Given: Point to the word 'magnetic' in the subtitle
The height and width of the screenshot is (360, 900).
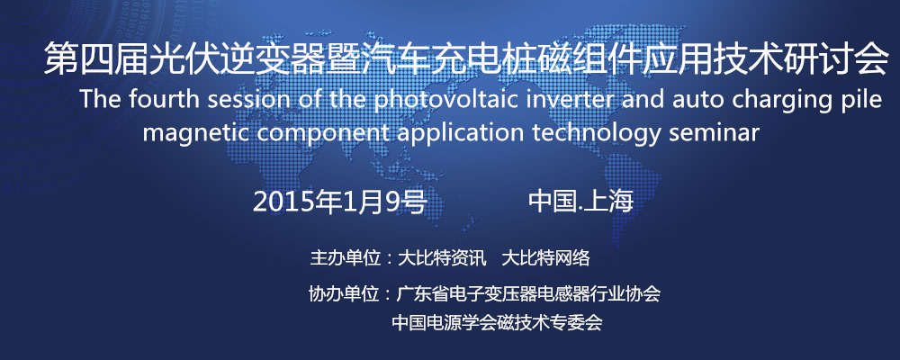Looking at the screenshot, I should click(188, 132).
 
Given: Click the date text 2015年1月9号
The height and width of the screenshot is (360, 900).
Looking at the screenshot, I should click(339, 202).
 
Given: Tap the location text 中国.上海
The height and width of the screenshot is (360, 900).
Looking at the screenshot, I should click(580, 202).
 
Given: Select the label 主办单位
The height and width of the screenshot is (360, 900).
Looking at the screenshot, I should click(345, 258).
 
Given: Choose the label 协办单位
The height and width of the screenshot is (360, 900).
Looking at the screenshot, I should click(344, 293).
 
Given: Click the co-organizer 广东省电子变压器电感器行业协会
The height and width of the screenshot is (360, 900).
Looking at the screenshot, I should click(527, 293).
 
